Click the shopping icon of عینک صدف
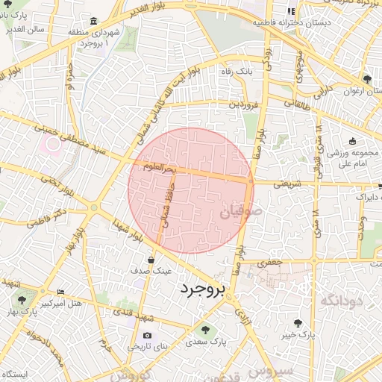151,260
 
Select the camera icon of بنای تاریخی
146,335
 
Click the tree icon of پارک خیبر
298,324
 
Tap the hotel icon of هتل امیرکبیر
61,291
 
